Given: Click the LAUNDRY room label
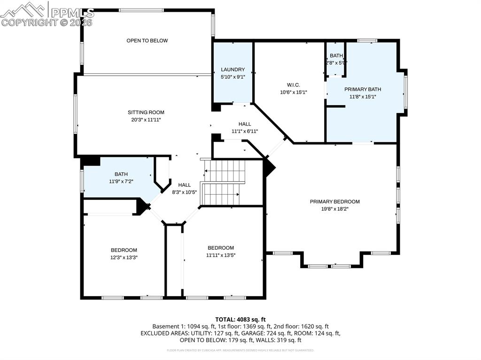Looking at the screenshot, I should pyautogui.click(x=233, y=69).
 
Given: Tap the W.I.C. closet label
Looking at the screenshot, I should pyautogui.click(x=293, y=85).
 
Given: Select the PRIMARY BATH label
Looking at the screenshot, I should pyautogui.click(x=363, y=89).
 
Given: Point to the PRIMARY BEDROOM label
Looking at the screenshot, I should pyautogui.click(x=334, y=201).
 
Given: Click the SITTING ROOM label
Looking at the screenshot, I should pyautogui.click(x=146, y=112).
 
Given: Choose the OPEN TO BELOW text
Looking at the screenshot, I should pyautogui.click(x=147, y=41).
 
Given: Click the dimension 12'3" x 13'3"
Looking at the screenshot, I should pyautogui.click(x=124, y=257).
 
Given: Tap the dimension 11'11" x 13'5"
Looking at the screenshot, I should pyautogui.click(x=221, y=255).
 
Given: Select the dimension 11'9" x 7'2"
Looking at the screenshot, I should pyautogui.click(x=121, y=181).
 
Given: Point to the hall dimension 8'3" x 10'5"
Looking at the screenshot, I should pyautogui.click(x=184, y=192).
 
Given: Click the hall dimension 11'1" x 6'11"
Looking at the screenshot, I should pyautogui.click(x=244, y=131).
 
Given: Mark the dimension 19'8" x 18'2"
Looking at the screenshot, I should pyautogui.click(x=334, y=208).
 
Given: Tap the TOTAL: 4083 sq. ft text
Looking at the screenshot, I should pyautogui.click(x=240, y=319).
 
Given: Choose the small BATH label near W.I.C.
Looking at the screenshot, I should pyautogui.click(x=336, y=56).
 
